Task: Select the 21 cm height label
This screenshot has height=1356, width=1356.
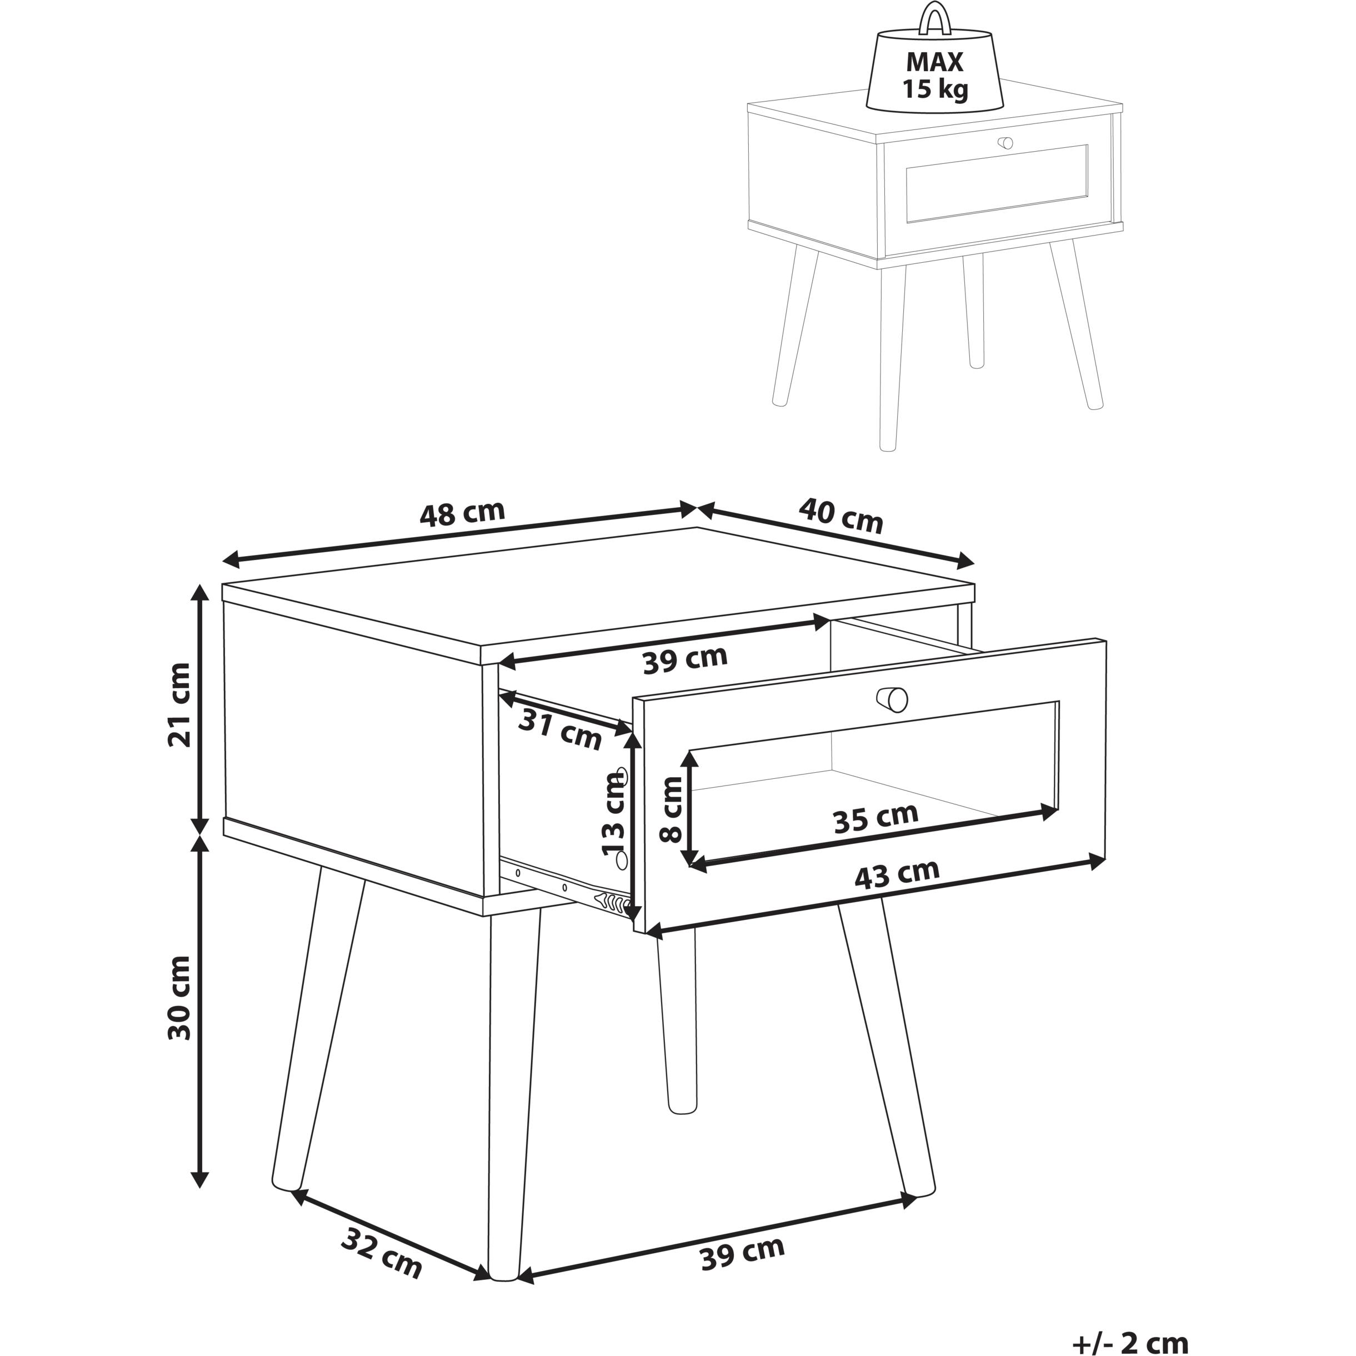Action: [x=181, y=705]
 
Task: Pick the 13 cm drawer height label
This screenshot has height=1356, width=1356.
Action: [x=614, y=813]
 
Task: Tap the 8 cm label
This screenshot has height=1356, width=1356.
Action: [x=672, y=809]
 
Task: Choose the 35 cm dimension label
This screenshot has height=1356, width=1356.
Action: [x=875, y=818]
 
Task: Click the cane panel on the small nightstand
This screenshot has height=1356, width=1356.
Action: [x=997, y=183]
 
